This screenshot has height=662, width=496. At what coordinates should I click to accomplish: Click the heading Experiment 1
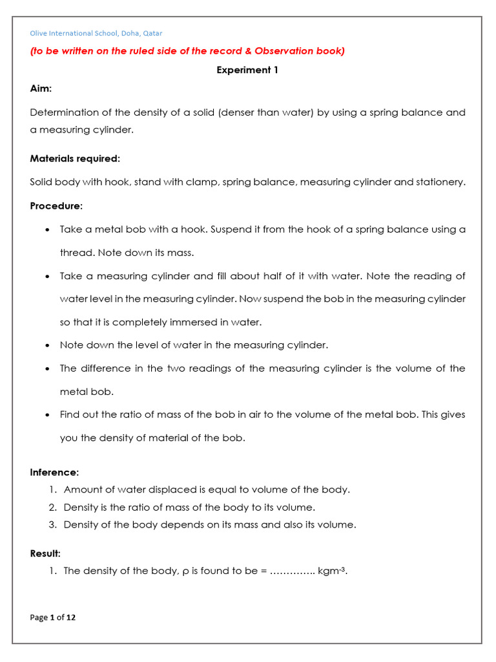(247, 70)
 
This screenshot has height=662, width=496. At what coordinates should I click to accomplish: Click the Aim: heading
(41, 88)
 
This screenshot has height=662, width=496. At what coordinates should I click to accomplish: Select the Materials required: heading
(75, 158)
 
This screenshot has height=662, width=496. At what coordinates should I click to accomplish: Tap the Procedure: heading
(56, 206)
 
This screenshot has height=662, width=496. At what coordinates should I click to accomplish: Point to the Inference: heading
(54, 472)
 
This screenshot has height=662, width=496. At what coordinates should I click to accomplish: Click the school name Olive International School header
(96, 33)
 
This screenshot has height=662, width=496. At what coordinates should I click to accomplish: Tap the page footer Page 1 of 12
(53, 617)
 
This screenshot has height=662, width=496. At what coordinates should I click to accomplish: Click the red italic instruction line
(187, 51)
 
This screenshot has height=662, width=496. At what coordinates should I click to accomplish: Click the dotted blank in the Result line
(291, 571)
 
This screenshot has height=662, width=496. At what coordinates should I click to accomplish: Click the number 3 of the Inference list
(53, 524)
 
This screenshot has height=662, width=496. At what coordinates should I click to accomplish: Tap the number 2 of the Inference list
(53, 507)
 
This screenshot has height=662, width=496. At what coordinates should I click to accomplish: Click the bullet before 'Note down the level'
(48, 346)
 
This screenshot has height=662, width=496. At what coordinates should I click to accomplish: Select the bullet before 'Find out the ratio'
(48, 415)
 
